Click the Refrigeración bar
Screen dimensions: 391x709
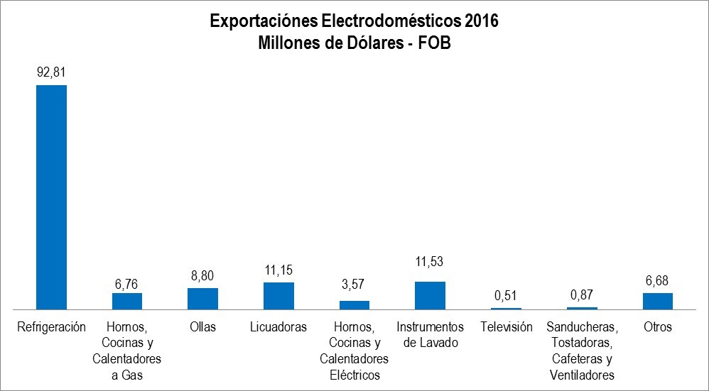(51, 197)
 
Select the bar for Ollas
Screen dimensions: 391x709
(202, 299)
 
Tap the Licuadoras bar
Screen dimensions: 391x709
(278, 296)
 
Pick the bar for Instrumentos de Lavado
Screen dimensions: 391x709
(430, 295)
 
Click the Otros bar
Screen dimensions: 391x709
(657, 301)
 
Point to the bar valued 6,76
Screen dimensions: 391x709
(127, 301)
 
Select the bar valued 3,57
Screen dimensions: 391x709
(354, 305)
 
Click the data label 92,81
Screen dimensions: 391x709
(51, 72)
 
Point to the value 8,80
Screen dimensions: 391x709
(202, 274)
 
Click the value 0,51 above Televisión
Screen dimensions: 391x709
(506, 294)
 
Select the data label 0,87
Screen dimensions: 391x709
(582, 294)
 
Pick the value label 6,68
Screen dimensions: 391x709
(657, 279)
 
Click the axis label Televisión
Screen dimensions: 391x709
(506, 327)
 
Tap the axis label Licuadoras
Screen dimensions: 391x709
(278, 327)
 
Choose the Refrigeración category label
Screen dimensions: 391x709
(51, 327)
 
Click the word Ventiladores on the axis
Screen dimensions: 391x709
(582, 375)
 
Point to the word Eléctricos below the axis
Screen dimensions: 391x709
(354, 375)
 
